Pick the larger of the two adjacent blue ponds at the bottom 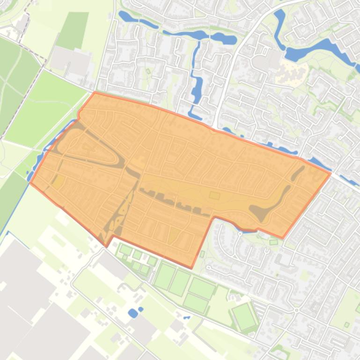(x=133, y=313)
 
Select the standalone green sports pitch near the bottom (x=244, y=316)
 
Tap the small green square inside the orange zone (x=214, y=195)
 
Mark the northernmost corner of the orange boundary (x=95, y=92)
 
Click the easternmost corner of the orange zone (x=331, y=173)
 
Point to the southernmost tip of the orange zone (x=191, y=268)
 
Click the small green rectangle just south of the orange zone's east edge (x=273, y=242)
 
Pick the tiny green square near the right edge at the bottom (x=347, y=324)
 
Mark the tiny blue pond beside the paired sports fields (x=187, y=317)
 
